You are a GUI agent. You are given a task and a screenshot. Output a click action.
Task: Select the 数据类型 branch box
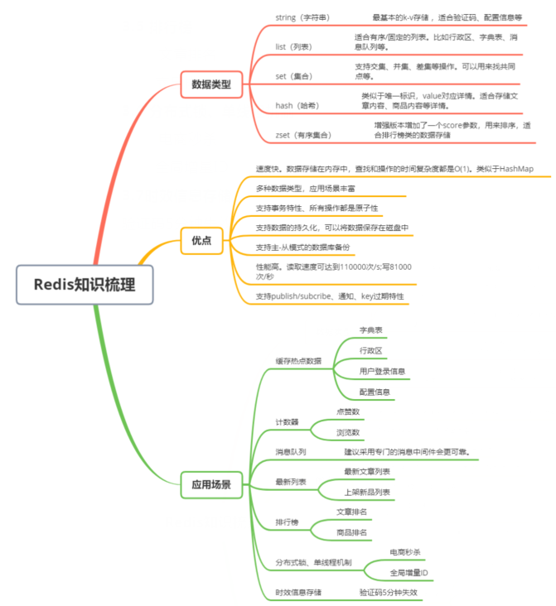(211, 84)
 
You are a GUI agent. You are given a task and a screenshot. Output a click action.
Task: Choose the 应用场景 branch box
(211, 483)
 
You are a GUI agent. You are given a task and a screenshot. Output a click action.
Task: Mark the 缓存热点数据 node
(298, 361)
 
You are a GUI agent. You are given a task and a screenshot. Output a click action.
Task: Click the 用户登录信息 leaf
(383, 371)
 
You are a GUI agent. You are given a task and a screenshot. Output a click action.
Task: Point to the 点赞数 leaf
(347, 411)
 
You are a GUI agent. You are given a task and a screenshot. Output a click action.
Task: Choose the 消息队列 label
(291, 452)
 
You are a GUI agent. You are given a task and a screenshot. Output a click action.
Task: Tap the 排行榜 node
(287, 522)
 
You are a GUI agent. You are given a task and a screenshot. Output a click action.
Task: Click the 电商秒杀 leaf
(409, 551)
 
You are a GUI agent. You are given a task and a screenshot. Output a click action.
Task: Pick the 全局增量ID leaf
(409, 572)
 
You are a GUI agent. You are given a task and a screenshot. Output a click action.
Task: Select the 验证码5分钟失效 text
(389, 593)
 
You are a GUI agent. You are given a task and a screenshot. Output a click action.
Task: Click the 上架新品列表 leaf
(367, 492)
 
